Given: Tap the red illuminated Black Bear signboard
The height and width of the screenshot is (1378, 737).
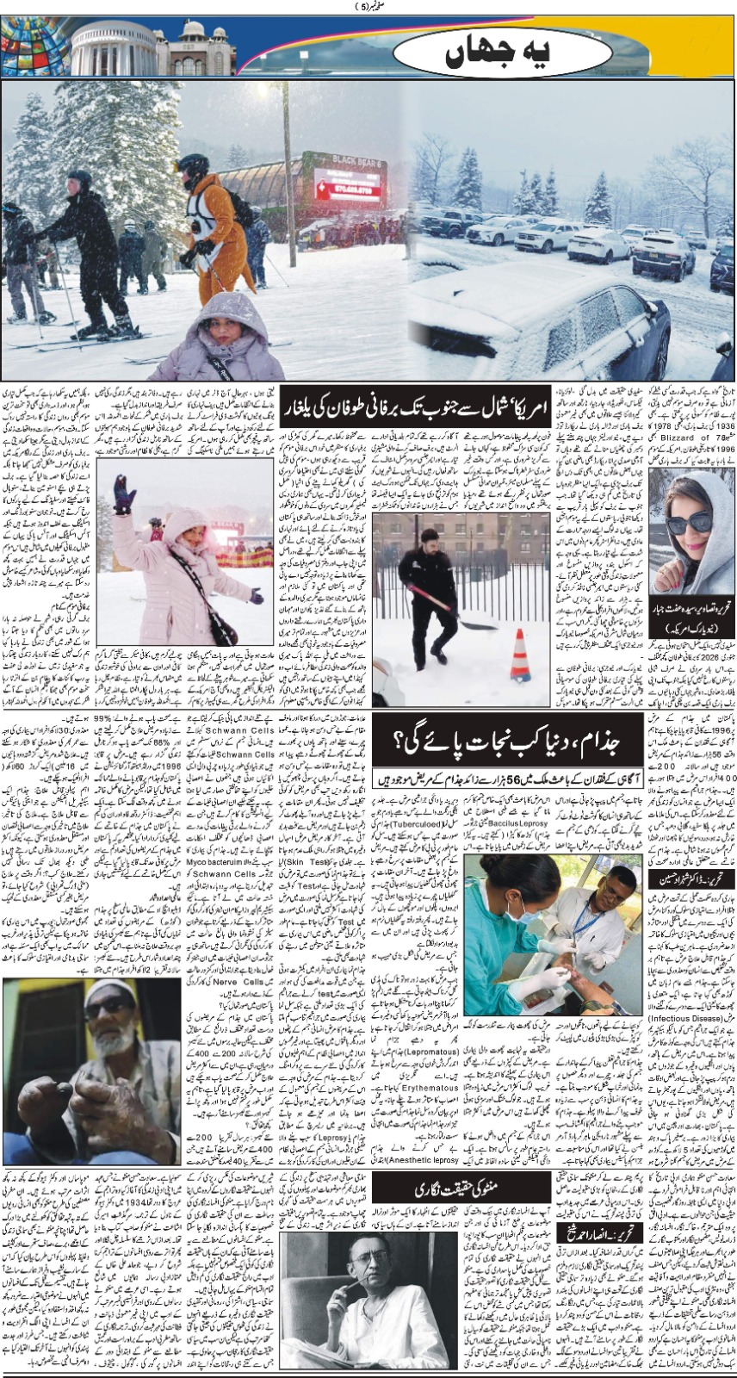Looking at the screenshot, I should [349, 183].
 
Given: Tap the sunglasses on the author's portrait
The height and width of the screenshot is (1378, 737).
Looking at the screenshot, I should [687, 522].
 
